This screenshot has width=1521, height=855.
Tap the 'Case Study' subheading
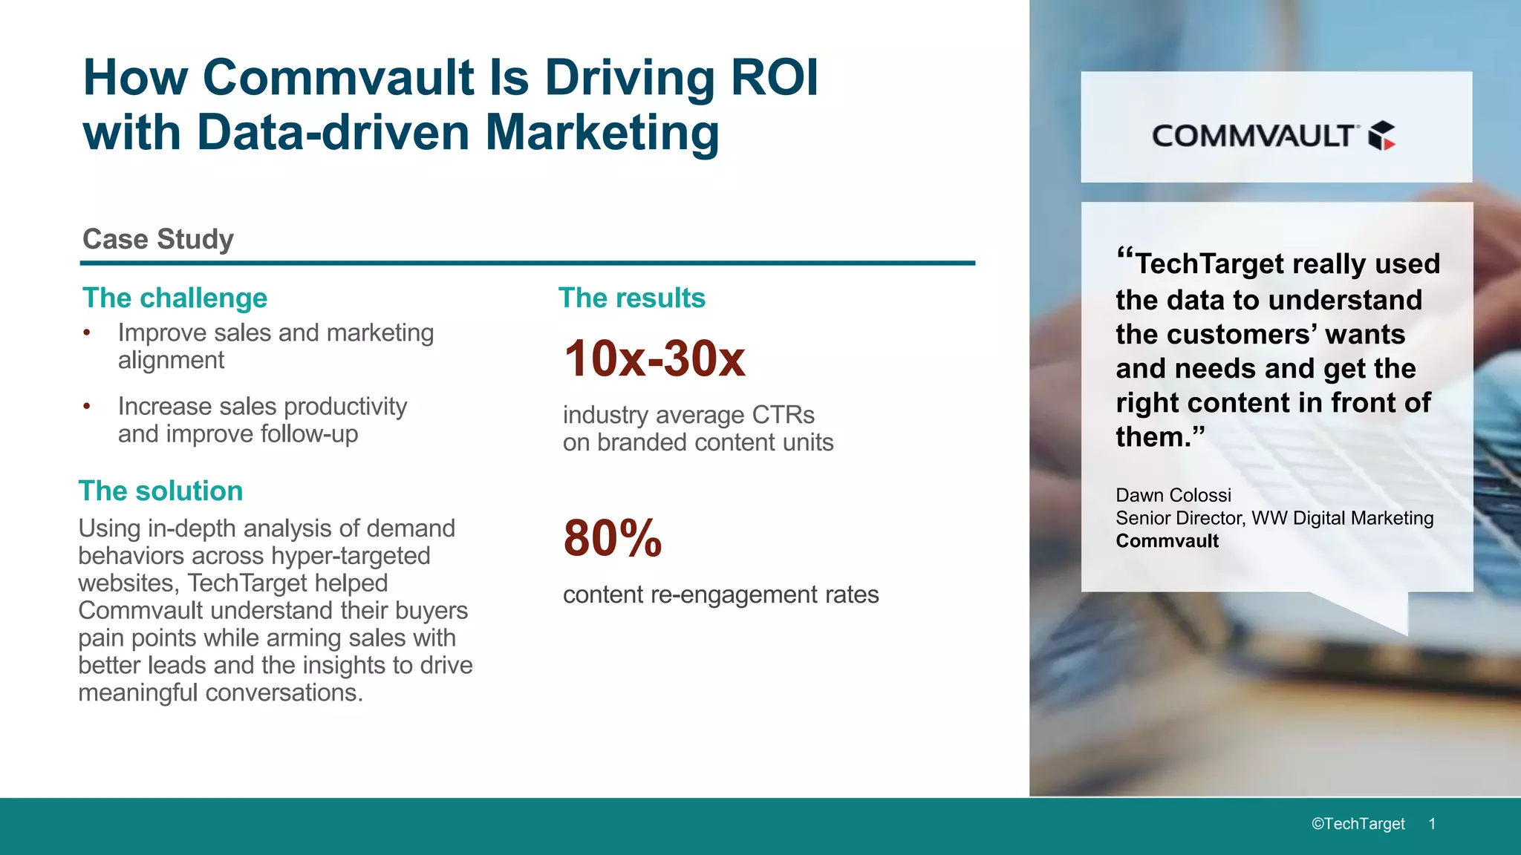coord(158,239)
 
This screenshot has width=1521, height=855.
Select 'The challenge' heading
coord(175,298)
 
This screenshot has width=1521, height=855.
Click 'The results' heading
coord(631,298)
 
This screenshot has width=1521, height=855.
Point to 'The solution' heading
coord(160,491)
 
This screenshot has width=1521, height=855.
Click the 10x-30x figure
coord(654,358)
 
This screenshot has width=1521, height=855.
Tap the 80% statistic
coord(613,538)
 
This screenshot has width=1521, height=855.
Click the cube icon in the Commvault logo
coord(1381,136)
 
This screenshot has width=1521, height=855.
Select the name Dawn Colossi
coord(1173,495)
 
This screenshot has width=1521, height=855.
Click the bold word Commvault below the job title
coord(1167,541)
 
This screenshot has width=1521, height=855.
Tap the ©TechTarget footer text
coord(1358,824)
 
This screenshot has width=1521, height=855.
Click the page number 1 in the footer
coord(1432,824)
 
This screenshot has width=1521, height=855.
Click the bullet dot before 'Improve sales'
coord(87,332)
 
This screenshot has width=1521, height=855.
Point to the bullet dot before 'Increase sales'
coord(87,406)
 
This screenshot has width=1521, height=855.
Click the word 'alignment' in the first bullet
coord(171,360)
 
